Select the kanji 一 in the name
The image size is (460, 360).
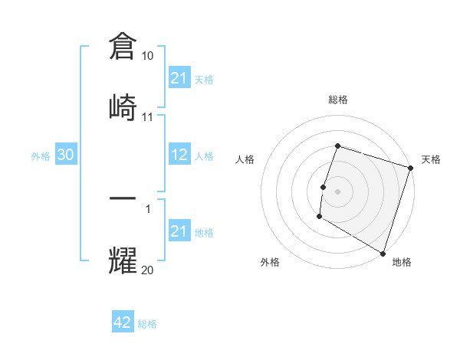pos(123,197)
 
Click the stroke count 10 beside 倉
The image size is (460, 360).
pos(148,56)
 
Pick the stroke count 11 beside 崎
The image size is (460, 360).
pos(148,117)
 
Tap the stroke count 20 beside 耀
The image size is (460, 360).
pos(148,270)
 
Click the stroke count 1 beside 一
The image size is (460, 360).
pos(148,208)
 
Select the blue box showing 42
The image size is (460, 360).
pos(123,322)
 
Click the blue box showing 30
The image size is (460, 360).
pos(66,155)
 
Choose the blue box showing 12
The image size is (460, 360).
pos(179,155)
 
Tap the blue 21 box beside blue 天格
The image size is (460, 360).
pos(179,78)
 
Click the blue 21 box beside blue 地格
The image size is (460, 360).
pos(179,231)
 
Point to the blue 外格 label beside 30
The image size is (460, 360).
pos(41,155)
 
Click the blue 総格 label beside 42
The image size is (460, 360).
pos(147,324)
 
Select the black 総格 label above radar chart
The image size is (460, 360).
pos(337,100)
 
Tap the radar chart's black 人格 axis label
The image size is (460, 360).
pos(245,159)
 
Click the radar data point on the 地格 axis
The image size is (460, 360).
pos(382,253)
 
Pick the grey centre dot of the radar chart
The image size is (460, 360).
pos(337,189)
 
